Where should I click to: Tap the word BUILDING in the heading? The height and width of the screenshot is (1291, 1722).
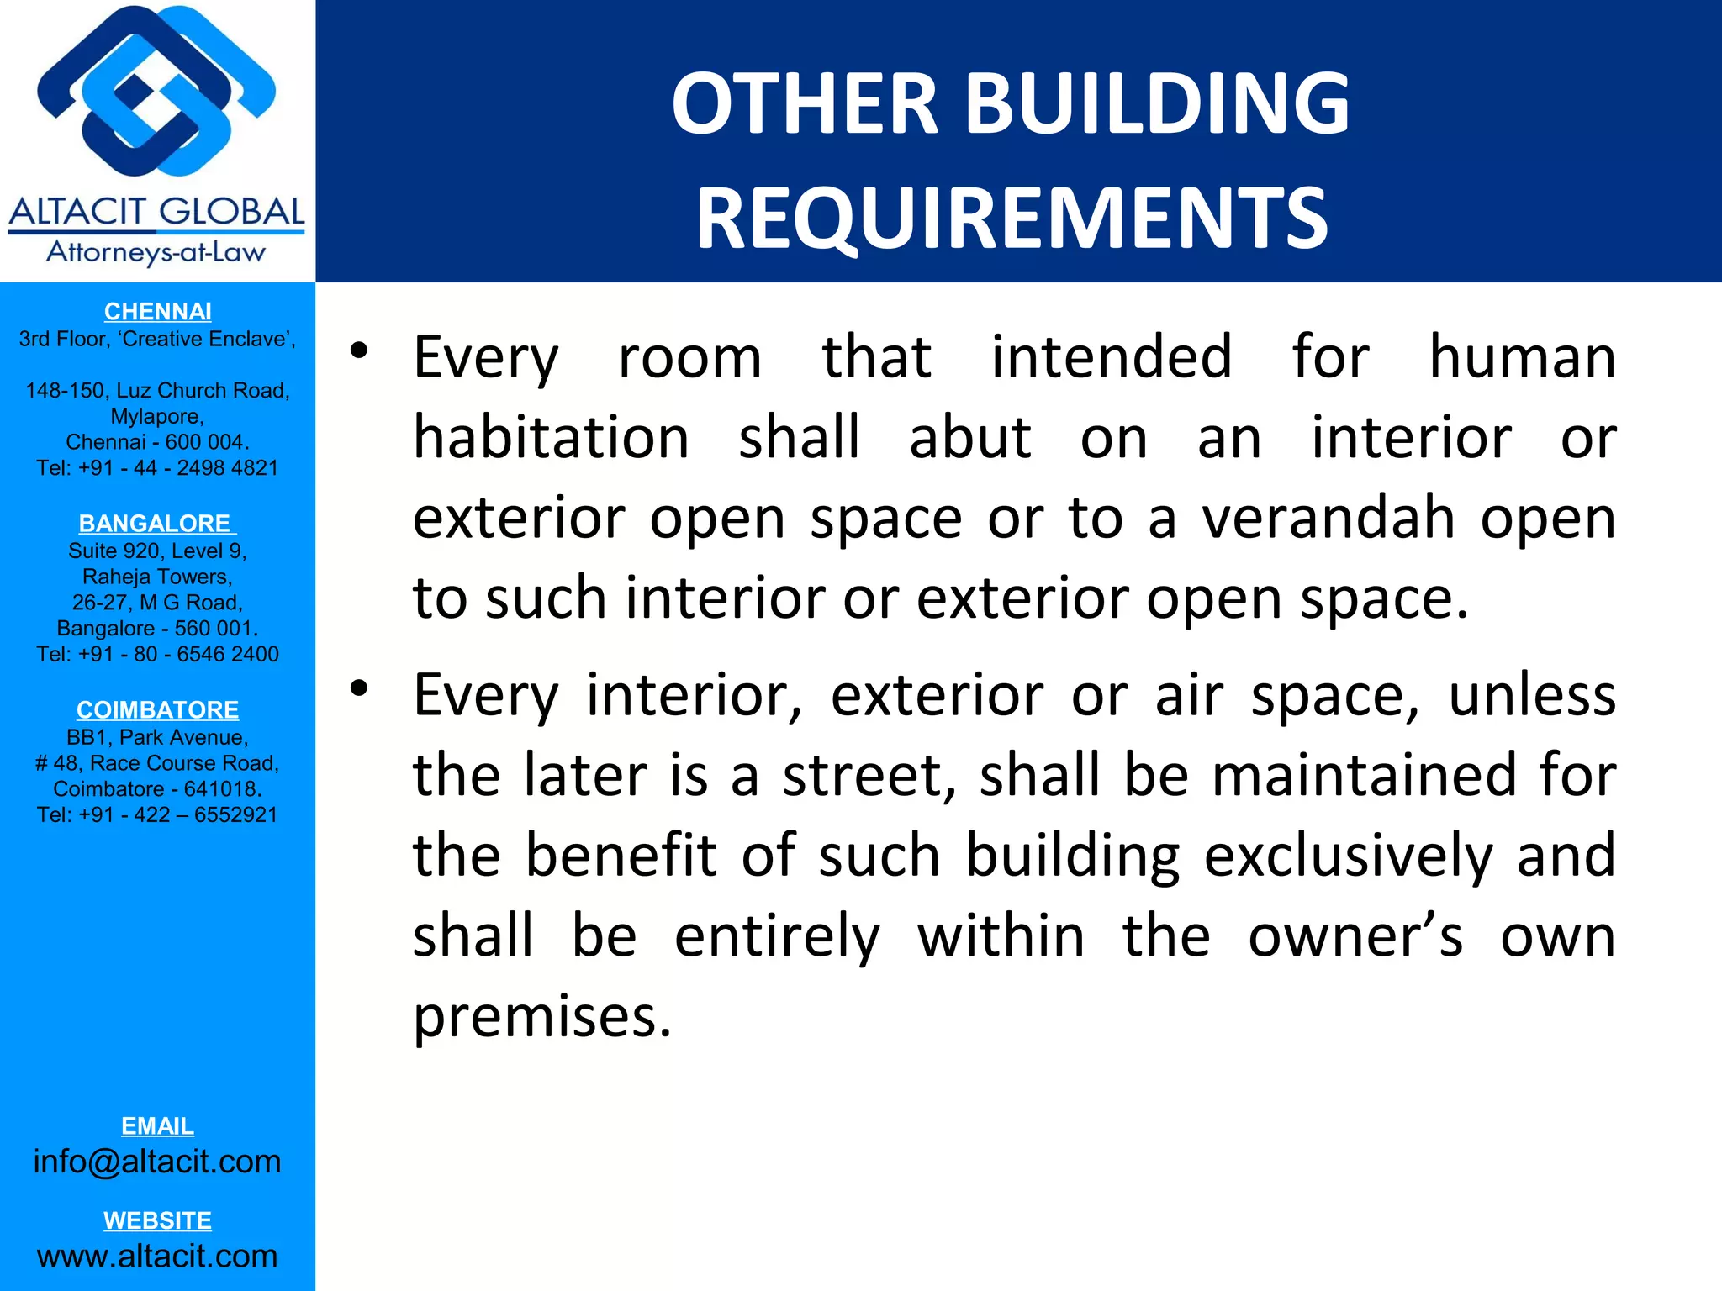[1157, 103]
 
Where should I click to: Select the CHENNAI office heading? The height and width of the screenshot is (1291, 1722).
[157, 312]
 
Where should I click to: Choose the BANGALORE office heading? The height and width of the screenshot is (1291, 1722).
[156, 524]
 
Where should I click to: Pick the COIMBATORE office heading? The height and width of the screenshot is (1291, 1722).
[157, 710]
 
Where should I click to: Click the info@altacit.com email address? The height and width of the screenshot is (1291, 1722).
[157, 1162]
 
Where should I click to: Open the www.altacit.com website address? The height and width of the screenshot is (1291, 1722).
[157, 1257]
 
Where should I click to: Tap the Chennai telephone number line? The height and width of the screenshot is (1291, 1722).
[157, 468]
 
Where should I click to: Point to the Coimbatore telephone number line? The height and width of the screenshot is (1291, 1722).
[157, 815]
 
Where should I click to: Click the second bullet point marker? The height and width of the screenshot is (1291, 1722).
[360, 689]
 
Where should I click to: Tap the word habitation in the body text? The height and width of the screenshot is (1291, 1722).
[551, 438]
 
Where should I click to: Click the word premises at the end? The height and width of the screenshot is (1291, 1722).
[542, 1017]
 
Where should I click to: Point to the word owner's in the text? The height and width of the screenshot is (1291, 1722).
[1355, 936]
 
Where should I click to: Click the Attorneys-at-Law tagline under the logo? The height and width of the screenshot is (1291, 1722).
[156, 252]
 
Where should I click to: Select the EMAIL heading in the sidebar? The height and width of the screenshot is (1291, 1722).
[157, 1126]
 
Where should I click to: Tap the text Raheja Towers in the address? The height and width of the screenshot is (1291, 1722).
[157, 577]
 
